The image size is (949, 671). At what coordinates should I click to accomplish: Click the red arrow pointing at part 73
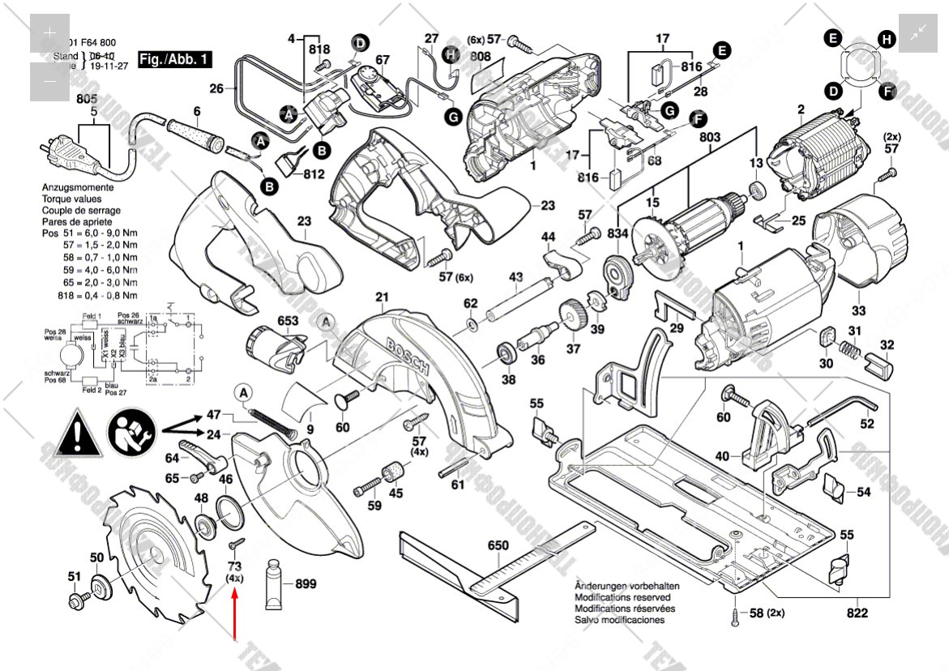pyautogui.click(x=235, y=616)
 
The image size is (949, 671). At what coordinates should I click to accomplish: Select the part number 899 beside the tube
pyautogui.click(x=306, y=583)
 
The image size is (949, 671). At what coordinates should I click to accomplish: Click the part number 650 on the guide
pyautogui.click(x=498, y=545)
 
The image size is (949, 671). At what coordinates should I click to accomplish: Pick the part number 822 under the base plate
pyautogui.click(x=857, y=613)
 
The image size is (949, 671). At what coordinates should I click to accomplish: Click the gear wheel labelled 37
pyautogui.click(x=572, y=316)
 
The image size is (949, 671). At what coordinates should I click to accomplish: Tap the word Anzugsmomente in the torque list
pyautogui.click(x=78, y=187)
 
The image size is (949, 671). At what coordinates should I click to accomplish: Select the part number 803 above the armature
pyautogui.click(x=709, y=138)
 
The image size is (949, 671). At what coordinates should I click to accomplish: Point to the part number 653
pyautogui.click(x=288, y=321)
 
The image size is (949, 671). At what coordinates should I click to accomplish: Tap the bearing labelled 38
pyautogui.click(x=508, y=354)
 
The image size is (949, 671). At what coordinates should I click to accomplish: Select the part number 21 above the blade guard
pyautogui.click(x=382, y=297)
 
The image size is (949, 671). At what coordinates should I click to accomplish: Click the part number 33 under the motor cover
pyautogui.click(x=858, y=310)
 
